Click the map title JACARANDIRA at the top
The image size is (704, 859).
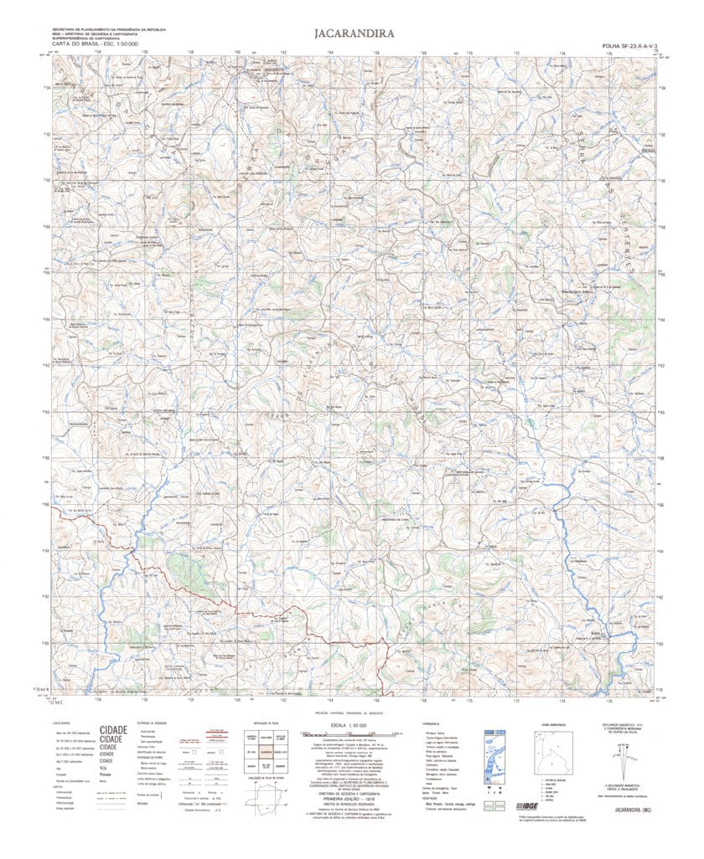(351, 34)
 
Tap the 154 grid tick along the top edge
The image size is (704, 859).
(98, 52)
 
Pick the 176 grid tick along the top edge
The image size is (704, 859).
(609, 52)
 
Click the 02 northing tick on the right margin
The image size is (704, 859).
(662, 134)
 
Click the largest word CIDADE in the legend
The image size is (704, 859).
(113, 730)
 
